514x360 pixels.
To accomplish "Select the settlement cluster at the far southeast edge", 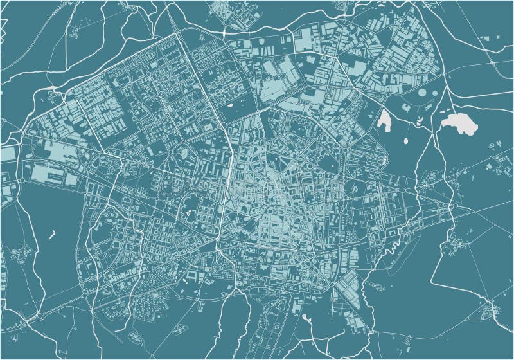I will pos(492,311).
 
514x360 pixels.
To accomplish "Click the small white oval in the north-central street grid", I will pos(229,102).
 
